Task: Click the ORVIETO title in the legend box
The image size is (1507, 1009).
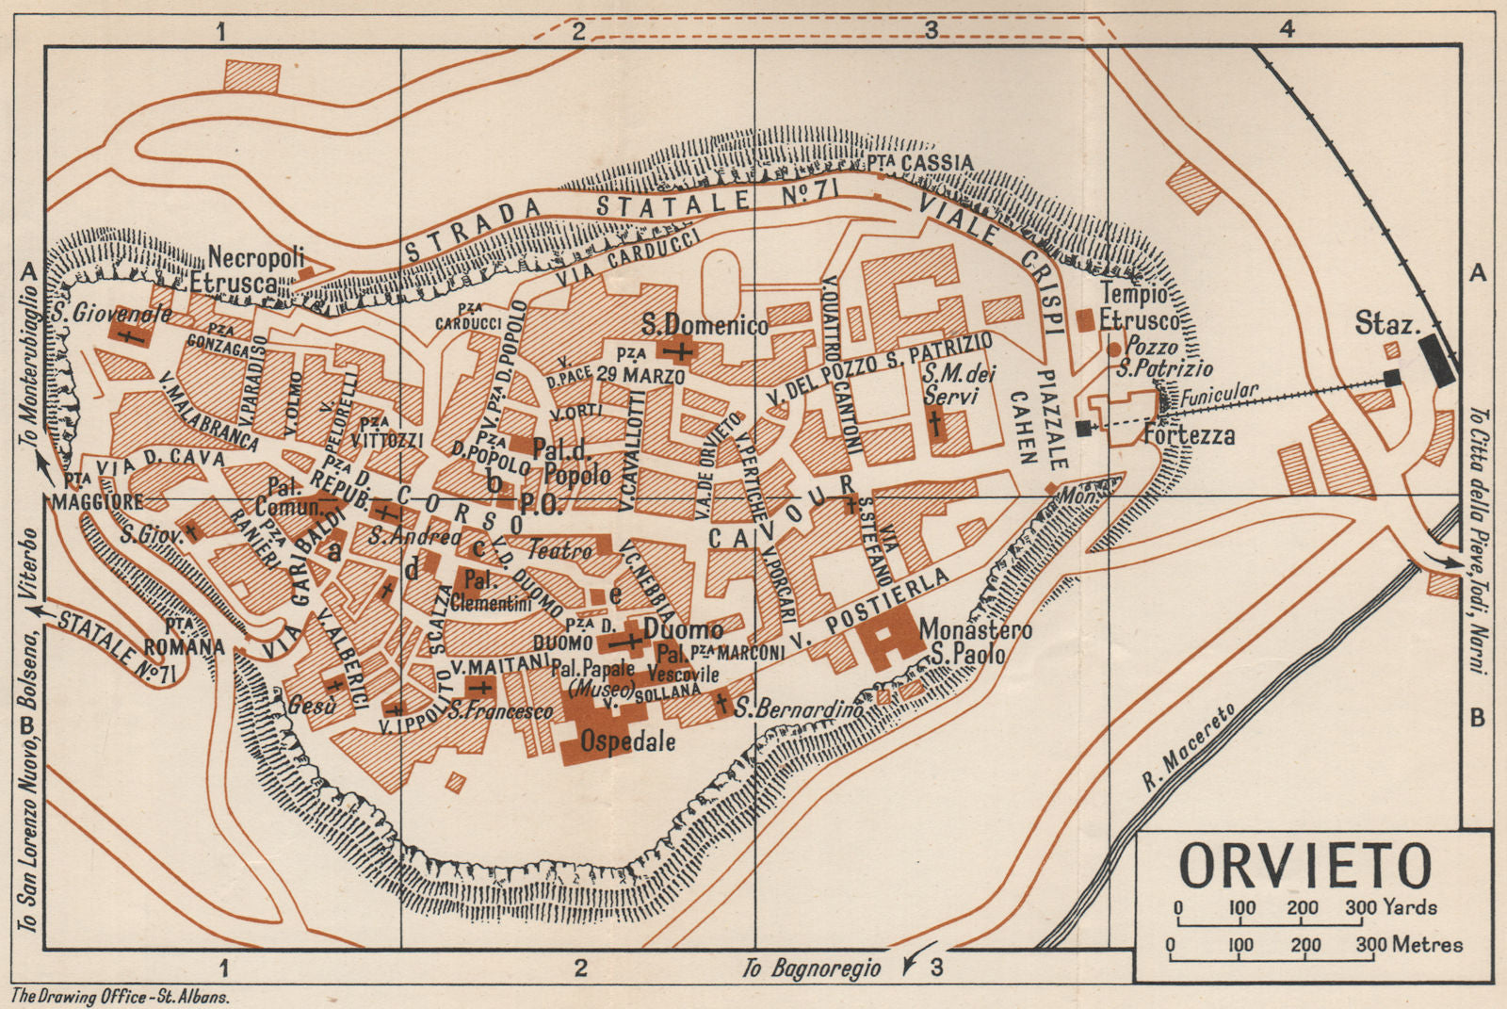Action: coord(1305,866)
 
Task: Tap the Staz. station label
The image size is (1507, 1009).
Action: coord(1387,324)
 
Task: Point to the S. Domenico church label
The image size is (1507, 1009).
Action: coord(705,325)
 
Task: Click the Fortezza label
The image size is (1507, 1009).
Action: coord(1189,435)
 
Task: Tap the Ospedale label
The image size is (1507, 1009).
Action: coord(627,741)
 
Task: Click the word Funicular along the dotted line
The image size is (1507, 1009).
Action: coord(1219,393)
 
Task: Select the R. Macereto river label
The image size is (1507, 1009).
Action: coord(1187,749)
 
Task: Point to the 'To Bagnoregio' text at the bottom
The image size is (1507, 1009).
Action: coord(811,968)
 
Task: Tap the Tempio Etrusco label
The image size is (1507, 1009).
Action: coord(1140,307)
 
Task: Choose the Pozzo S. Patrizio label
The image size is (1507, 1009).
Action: coord(1163,357)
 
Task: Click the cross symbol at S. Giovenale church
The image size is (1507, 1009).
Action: coord(129,334)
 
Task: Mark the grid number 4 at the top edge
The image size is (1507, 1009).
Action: coord(1287,29)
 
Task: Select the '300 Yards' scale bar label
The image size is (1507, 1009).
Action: coord(1391,907)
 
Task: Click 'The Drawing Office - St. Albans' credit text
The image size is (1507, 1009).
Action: coord(120,996)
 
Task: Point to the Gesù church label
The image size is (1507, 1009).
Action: coord(311,705)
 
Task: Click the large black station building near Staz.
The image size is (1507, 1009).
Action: coord(1437,358)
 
